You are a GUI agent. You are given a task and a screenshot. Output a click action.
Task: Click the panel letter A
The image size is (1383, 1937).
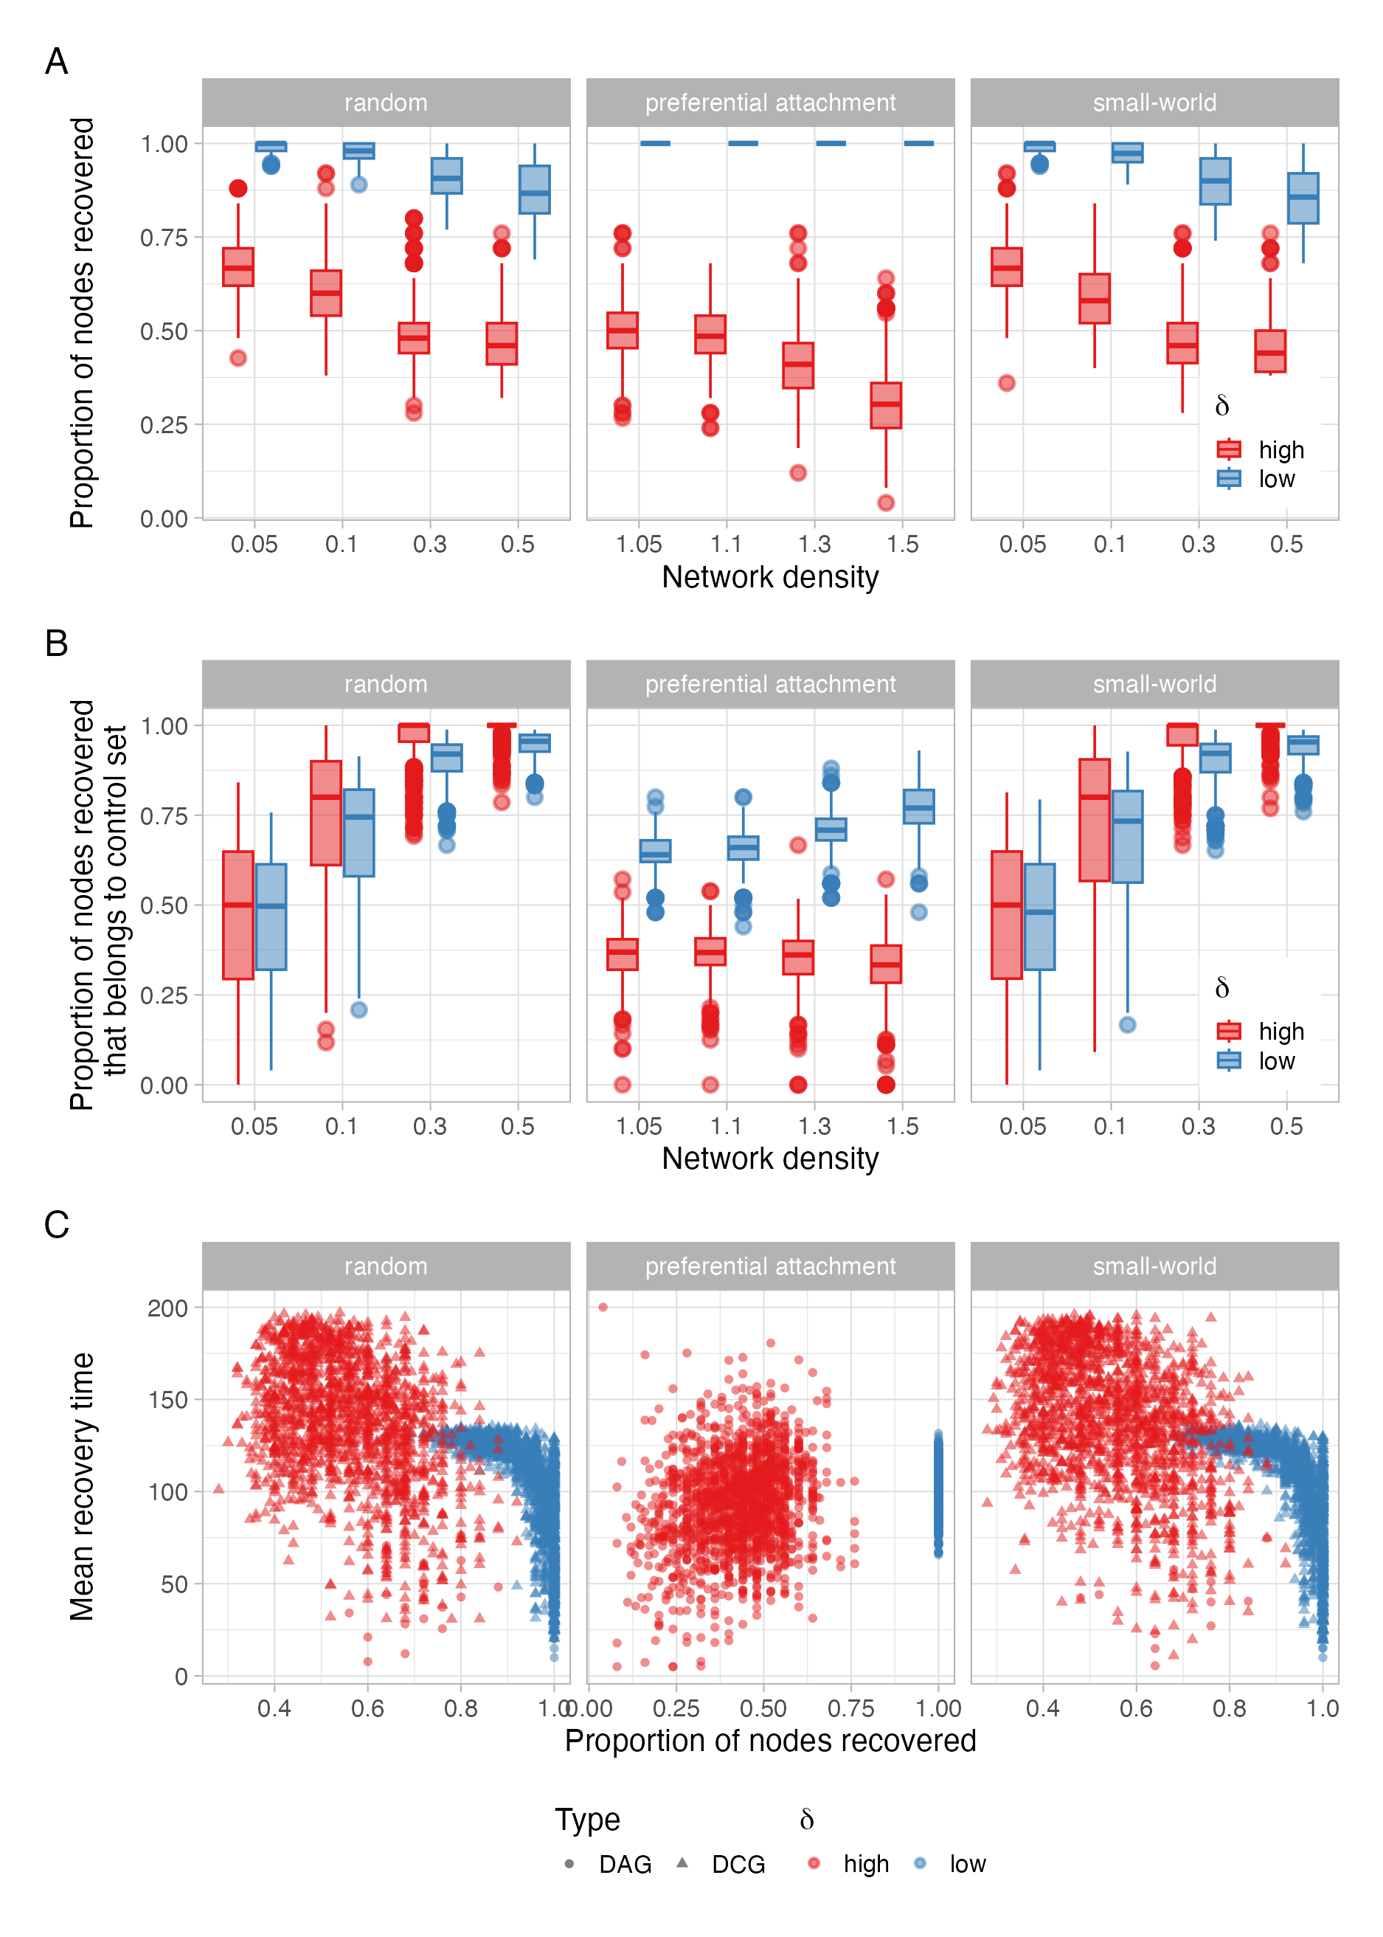pyautogui.click(x=56, y=61)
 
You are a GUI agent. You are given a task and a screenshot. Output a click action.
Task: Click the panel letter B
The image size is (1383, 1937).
pyautogui.click(x=56, y=643)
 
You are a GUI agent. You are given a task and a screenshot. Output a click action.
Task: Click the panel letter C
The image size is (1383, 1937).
pyautogui.click(x=56, y=1225)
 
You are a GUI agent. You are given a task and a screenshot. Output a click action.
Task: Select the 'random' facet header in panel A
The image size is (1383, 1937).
pyautogui.click(x=386, y=103)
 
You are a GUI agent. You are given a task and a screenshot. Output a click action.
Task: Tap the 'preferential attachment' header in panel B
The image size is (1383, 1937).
pyautogui.click(x=770, y=684)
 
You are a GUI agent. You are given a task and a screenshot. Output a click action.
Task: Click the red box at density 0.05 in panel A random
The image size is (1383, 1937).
pyautogui.click(x=238, y=266)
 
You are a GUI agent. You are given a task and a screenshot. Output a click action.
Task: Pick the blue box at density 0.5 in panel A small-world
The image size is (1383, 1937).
pyautogui.click(x=1303, y=198)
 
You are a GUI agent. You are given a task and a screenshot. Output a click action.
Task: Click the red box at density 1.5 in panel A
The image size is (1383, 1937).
pyautogui.click(x=886, y=404)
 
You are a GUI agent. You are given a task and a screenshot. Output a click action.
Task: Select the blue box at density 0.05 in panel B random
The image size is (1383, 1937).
pyautogui.click(x=271, y=916)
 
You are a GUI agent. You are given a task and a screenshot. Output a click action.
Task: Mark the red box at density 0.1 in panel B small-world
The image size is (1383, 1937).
pyautogui.click(x=1095, y=819)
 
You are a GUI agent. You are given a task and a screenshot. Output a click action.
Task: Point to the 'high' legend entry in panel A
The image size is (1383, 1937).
pyautogui.click(x=1280, y=449)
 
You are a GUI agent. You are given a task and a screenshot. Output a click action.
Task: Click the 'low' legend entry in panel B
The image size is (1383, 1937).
pyautogui.click(x=1276, y=1060)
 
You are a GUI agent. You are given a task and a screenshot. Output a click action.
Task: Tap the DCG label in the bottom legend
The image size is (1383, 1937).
pyautogui.click(x=738, y=1865)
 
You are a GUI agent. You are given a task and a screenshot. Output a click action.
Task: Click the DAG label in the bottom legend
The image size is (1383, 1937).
pyautogui.click(x=624, y=1865)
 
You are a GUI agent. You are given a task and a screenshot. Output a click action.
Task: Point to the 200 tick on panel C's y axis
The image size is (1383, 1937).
pyautogui.click(x=167, y=1308)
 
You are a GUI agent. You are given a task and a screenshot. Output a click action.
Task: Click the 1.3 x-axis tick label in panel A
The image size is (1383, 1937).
pyautogui.click(x=814, y=545)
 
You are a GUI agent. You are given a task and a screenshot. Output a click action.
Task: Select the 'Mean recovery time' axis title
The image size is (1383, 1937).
pyautogui.click(x=82, y=1486)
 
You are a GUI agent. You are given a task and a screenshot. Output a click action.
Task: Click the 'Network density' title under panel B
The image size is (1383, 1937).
pyautogui.click(x=770, y=1159)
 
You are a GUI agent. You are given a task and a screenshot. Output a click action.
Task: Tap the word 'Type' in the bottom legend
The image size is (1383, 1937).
pyautogui.click(x=588, y=1820)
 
